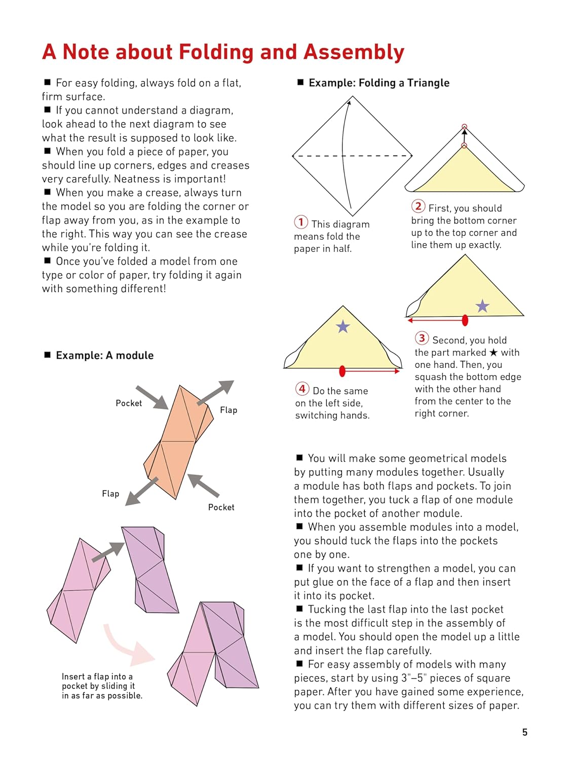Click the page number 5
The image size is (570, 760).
tap(525, 732)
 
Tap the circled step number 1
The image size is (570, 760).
tap(301, 222)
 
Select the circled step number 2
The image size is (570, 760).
tap(418, 206)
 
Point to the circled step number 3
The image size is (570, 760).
tap(422, 338)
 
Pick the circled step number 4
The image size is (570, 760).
tap(302, 389)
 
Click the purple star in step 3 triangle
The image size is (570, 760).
tap(482, 306)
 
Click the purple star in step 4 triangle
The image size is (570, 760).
tap(343, 327)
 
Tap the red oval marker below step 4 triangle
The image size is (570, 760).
tap(343, 371)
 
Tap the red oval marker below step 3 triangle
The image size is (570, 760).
tap(465, 320)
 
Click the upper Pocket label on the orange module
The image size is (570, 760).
tap(129, 403)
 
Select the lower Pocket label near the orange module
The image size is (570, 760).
tap(221, 507)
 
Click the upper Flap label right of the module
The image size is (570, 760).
tap(229, 410)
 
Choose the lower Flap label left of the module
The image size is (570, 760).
tap(110, 493)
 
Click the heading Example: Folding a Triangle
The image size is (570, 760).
tap(378, 83)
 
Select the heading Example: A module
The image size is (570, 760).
tap(104, 355)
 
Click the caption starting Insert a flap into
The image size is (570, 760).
tap(102, 686)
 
